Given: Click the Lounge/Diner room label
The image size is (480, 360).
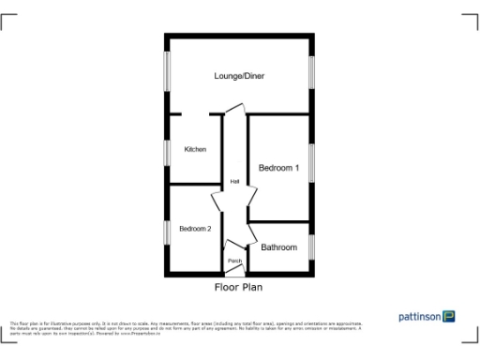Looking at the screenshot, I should pos(239,76).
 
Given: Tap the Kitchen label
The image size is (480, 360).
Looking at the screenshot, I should pos(195,150).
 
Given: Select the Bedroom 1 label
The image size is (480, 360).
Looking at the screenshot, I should pos(278,169).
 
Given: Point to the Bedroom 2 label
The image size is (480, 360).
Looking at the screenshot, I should pos(195,228).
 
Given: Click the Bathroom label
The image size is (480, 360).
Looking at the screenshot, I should pos(279,247).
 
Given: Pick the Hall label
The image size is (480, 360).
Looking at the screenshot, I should pos(234,182).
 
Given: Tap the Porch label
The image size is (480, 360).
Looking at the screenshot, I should pos(234,261).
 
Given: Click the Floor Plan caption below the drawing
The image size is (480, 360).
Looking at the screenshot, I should pos(238,288).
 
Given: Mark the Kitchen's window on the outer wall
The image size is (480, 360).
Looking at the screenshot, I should pos(168,150).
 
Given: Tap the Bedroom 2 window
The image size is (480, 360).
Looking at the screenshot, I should pos(168,231).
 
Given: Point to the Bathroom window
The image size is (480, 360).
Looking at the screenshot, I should pos(311,246).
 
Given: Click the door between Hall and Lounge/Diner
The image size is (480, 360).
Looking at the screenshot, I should pos(235,112).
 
